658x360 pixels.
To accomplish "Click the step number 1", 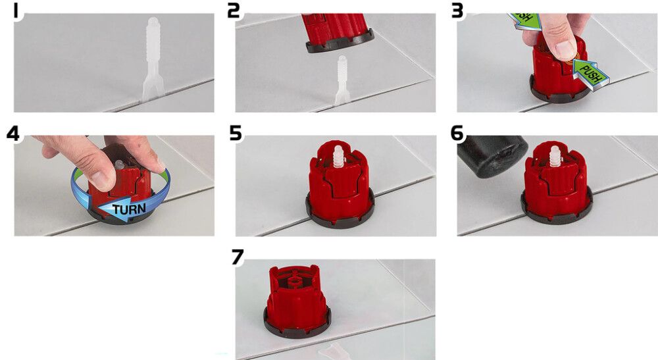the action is click(16, 11).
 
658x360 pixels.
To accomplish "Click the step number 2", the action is click(234, 11).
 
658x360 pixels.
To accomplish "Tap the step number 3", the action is click(457, 11).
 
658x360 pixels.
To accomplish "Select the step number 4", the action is click(13, 134).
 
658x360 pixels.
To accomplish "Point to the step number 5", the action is click(236, 134).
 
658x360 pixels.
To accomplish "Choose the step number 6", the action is click(457, 134).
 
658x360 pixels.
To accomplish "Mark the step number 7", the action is click(238, 257).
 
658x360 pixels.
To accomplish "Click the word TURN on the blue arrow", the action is click(129, 209).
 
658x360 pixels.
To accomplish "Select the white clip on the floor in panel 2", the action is click(342, 80).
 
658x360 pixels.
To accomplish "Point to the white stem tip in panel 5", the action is click(338, 156).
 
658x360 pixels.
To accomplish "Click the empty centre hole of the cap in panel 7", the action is click(295, 278).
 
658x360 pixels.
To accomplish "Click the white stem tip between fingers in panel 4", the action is click(118, 164).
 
